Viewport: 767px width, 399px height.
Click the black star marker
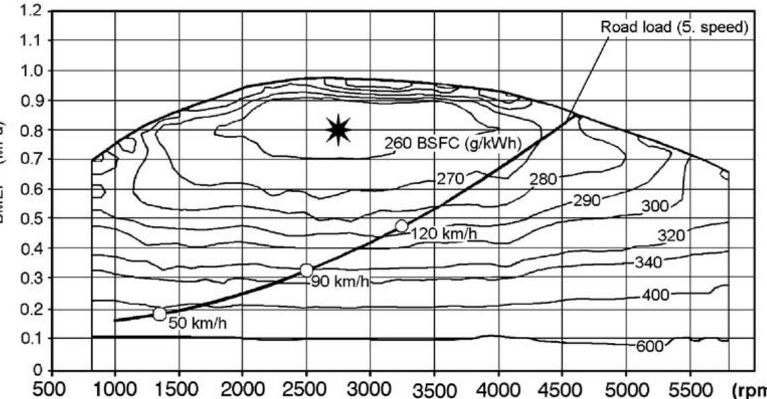(339, 129)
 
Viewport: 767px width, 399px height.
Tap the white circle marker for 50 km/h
(159, 313)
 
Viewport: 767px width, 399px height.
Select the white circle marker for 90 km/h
(307, 270)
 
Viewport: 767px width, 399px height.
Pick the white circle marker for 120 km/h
(401, 226)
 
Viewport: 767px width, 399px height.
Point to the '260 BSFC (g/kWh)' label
(453, 142)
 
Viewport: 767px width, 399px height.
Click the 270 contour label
(450, 178)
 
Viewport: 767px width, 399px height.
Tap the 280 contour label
(543, 179)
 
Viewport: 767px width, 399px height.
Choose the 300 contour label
(655, 206)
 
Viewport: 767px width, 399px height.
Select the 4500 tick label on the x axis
(562, 389)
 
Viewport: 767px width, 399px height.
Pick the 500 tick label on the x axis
(52, 389)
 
